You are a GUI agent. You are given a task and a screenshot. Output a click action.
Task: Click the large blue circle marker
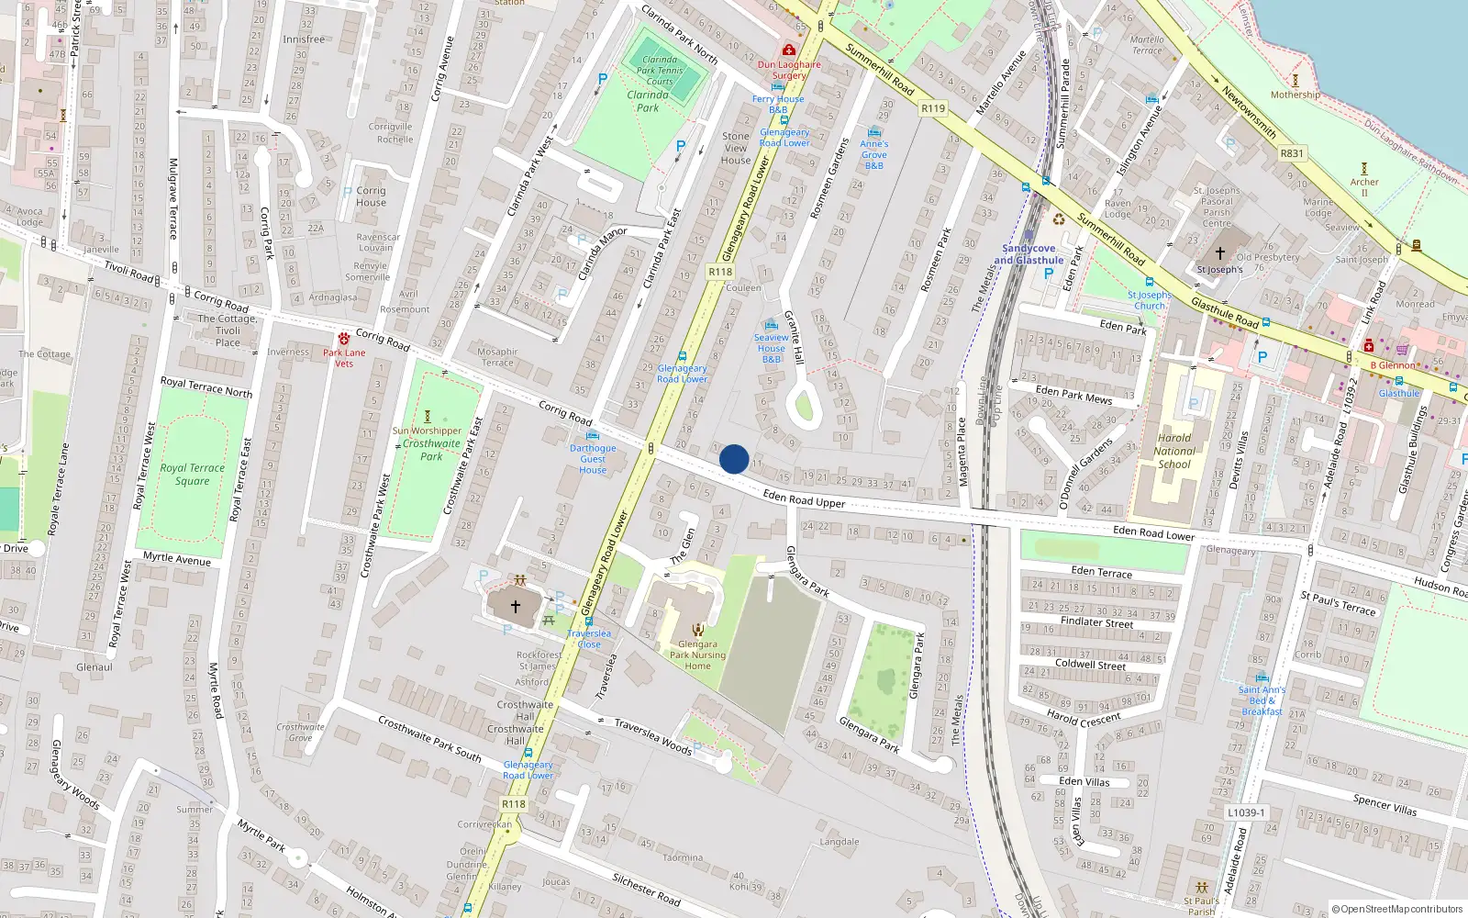click(x=734, y=459)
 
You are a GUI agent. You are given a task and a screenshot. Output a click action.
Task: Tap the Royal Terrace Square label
click(x=192, y=474)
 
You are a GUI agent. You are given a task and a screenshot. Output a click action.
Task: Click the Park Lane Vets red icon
click(x=344, y=339)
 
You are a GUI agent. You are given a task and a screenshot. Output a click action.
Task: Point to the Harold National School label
click(x=1174, y=451)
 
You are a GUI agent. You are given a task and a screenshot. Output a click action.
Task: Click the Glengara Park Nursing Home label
click(x=697, y=655)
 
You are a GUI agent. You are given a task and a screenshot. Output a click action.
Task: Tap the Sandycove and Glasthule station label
click(x=1029, y=254)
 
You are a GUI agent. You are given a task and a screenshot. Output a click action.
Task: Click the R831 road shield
click(x=1292, y=153)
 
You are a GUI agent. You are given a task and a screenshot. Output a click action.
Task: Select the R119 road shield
click(x=933, y=108)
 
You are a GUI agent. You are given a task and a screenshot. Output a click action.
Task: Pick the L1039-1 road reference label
click(x=1246, y=812)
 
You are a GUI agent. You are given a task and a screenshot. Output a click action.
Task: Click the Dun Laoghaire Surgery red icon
click(x=788, y=50)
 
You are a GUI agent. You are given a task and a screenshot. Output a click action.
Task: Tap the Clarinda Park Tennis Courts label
click(x=660, y=71)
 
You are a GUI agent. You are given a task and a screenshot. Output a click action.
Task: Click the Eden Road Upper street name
click(x=804, y=498)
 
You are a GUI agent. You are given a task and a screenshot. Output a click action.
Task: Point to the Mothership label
click(x=1296, y=95)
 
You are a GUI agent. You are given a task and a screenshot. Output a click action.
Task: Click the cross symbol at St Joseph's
click(x=1220, y=253)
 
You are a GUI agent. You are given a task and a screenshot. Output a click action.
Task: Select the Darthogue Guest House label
click(x=593, y=459)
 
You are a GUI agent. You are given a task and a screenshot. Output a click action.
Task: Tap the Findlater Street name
click(x=1097, y=622)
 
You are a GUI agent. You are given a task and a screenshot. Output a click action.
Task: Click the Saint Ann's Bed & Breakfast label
click(x=1262, y=700)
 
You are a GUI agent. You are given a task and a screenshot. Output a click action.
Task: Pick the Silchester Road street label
click(x=646, y=889)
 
